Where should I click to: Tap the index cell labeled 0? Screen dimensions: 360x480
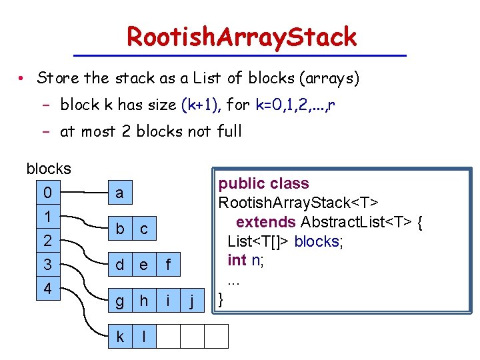(47, 193)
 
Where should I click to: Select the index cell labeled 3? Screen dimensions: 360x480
(47, 265)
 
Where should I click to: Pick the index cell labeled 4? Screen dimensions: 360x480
(47, 290)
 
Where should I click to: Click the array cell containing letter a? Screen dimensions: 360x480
(119, 193)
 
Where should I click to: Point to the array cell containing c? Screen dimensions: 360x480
(143, 229)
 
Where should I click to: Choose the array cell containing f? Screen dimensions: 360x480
(168, 265)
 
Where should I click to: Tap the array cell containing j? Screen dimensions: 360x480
(193, 301)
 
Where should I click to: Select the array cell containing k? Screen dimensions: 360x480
(119, 337)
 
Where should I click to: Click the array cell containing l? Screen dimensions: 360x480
(143, 337)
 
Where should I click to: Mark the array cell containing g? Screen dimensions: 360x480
(119, 301)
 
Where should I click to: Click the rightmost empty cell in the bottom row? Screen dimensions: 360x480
(216, 337)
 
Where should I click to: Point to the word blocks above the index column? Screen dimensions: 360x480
(49, 169)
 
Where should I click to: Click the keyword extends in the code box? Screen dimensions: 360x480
(266, 222)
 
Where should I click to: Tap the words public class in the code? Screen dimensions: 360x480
(264, 183)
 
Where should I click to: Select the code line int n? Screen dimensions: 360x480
(245, 260)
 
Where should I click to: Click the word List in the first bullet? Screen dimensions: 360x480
(201, 79)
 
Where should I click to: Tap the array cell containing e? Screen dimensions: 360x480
(143, 265)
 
